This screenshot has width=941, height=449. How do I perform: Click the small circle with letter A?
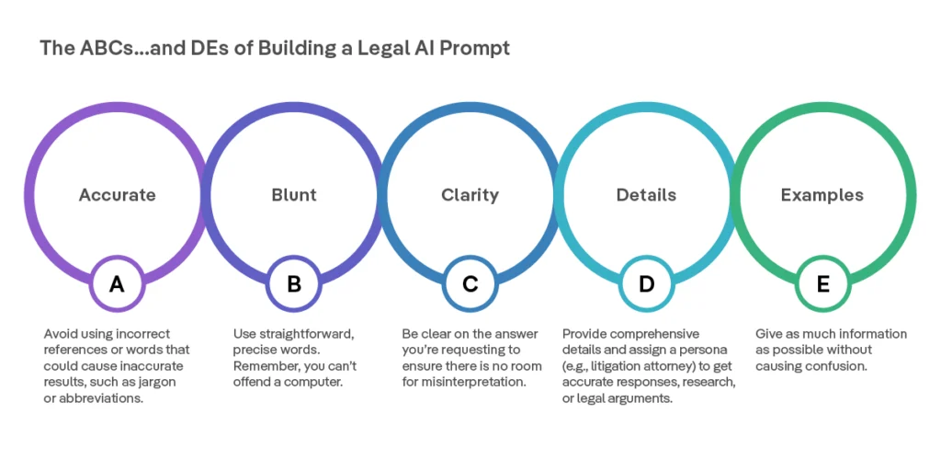pos(117,284)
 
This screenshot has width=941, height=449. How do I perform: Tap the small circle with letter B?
pos(293,284)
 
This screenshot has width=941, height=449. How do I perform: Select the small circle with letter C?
pos(470,284)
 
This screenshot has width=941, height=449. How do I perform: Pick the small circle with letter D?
pos(646,284)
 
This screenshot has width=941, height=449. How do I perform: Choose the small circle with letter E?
pos(822,284)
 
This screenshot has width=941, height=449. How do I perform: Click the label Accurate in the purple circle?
pos(117,195)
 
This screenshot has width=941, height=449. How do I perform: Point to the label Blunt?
pos(293,195)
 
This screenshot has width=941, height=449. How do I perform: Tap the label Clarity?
pos(470,195)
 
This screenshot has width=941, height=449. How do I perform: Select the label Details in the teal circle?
pos(646,195)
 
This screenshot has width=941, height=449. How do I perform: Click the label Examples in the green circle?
pos(822,195)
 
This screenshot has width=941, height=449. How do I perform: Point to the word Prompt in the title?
pos(474,48)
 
